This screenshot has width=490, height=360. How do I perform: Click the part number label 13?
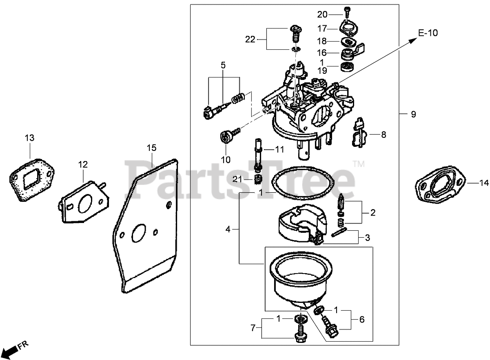click(x=29, y=138)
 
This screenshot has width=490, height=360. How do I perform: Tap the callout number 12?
click(x=83, y=164)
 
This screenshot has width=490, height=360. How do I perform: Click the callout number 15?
click(x=151, y=147)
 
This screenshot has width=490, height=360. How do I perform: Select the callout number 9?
click(x=413, y=115)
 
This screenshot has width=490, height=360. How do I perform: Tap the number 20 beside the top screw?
click(x=322, y=15)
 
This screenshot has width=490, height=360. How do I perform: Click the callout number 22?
click(x=250, y=39)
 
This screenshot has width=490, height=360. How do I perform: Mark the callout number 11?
click(x=279, y=149)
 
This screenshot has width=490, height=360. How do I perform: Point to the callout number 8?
click(x=383, y=134)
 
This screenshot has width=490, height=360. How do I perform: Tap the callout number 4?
click(x=228, y=230)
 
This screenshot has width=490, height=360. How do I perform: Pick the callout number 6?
click(x=361, y=320)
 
